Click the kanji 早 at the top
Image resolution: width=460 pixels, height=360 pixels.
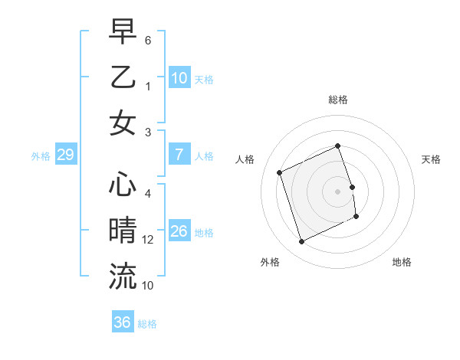[x=123, y=33]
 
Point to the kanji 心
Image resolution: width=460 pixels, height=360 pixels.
[x=123, y=186]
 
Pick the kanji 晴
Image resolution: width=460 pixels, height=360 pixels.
[x=123, y=231]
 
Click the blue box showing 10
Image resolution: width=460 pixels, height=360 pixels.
[x=179, y=78]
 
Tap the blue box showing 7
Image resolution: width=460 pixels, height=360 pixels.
[x=179, y=155]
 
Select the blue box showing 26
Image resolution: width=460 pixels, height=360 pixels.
[x=179, y=231]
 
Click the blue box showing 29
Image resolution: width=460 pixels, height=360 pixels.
[x=65, y=155]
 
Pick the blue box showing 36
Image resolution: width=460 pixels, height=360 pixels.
[x=122, y=322]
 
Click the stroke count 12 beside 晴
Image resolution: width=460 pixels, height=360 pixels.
[x=149, y=241]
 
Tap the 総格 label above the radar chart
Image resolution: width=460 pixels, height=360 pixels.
[x=337, y=100]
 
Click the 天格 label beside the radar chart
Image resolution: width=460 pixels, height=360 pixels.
[x=432, y=159]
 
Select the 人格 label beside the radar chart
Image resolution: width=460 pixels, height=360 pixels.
[x=245, y=159]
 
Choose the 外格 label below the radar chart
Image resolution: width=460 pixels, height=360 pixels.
[x=270, y=263]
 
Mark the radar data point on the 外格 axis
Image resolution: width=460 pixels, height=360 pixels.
[x=301, y=242]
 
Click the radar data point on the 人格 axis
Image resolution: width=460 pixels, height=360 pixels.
[x=280, y=172]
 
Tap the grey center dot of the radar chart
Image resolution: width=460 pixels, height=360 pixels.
[x=337, y=191]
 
